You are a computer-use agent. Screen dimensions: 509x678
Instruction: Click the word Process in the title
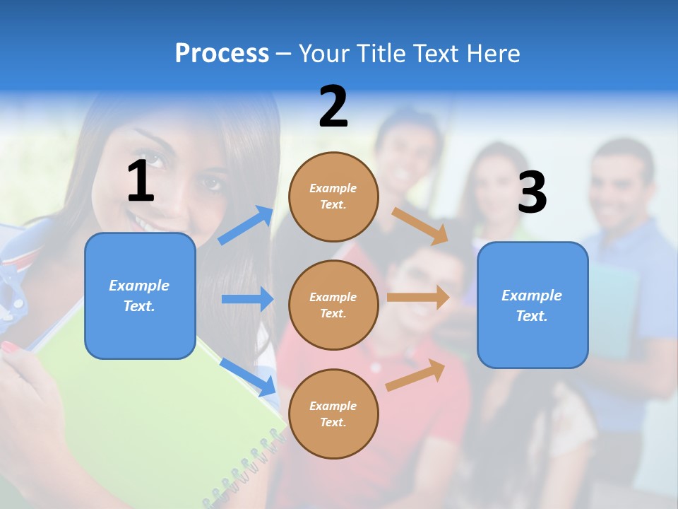coord(222,53)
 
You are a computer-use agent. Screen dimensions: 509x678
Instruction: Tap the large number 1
coord(141,181)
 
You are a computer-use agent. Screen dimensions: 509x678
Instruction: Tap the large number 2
coord(333,107)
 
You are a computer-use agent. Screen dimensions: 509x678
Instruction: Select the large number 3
coord(532,192)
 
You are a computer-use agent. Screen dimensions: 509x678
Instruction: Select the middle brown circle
coord(333,305)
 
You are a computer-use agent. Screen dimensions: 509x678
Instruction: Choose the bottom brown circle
coord(333,414)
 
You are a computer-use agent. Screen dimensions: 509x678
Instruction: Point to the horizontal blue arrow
coord(247,299)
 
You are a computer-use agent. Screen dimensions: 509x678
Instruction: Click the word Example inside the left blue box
coord(139,286)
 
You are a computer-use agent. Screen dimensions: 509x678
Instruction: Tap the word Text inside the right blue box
coord(531,316)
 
